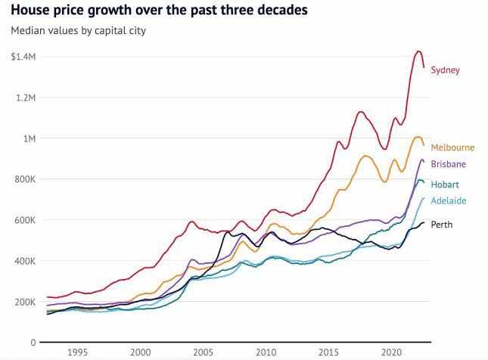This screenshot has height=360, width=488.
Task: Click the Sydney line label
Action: point(445,70)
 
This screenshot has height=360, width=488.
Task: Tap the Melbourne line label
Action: point(452,147)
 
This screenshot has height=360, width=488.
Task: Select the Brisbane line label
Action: point(448,164)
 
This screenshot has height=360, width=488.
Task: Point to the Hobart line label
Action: point(445,185)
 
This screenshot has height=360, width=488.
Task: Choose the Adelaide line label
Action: point(448,201)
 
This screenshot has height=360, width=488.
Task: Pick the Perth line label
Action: point(442,225)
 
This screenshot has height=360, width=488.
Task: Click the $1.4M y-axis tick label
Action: point(23,57)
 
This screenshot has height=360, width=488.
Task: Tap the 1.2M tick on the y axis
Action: point(26,98)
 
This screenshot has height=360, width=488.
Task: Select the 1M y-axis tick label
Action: point(30,139)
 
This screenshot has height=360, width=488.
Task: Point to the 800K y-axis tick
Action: point(25,180)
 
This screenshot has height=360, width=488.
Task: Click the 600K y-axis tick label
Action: point(25,221)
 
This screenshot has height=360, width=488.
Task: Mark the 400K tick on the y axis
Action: point(25,262)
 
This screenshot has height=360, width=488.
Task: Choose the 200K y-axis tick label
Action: point(25,303)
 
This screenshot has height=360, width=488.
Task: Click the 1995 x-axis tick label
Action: point(77,352)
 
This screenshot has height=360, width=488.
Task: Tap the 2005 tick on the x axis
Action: point(203,352)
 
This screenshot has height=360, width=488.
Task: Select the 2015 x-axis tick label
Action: point(328,352)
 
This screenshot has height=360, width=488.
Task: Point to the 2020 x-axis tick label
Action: point(391,352)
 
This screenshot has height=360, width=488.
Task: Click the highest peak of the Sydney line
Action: point(418,51)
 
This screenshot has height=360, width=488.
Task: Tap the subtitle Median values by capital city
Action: point(78,31)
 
